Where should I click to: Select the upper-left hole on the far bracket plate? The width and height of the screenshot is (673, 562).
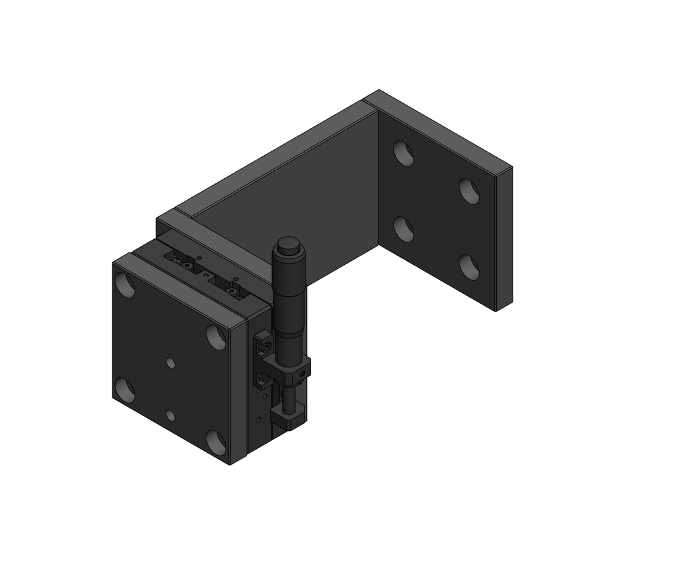point(404,153)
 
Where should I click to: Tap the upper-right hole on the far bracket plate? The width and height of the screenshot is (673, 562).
point(469,191)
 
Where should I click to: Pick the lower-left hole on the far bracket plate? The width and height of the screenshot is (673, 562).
point(404,229)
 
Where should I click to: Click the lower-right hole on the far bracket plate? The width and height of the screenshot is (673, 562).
point(469,268)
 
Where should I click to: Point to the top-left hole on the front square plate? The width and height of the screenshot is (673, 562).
point(124,285)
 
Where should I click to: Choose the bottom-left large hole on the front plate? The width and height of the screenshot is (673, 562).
point(124,390)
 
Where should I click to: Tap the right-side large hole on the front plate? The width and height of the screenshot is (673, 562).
point(216,337)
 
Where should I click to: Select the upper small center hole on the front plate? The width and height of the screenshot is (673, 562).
point(170,362)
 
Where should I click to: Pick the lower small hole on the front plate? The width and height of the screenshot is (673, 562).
point(170,415)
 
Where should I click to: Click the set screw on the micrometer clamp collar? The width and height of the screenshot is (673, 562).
point(301,375)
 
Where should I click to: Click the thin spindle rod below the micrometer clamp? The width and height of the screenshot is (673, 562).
point(288,397)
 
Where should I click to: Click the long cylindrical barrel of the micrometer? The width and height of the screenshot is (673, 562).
point(287,296)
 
